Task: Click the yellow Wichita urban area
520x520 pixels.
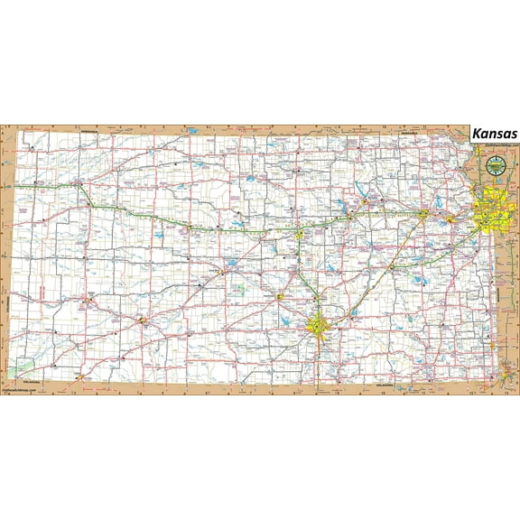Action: coord(320,326)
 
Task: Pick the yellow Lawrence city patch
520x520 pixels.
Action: coord(452,217)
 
